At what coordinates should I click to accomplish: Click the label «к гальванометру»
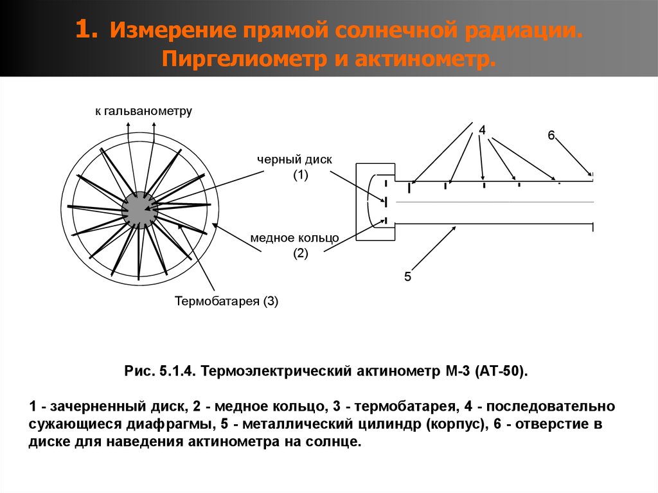click(x=143, y=111)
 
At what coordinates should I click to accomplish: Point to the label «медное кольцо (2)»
click(x=295, y=245)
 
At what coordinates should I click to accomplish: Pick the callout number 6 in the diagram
click(x=551, y=135)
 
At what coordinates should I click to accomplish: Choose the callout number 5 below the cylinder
click(x=407, y=277)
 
